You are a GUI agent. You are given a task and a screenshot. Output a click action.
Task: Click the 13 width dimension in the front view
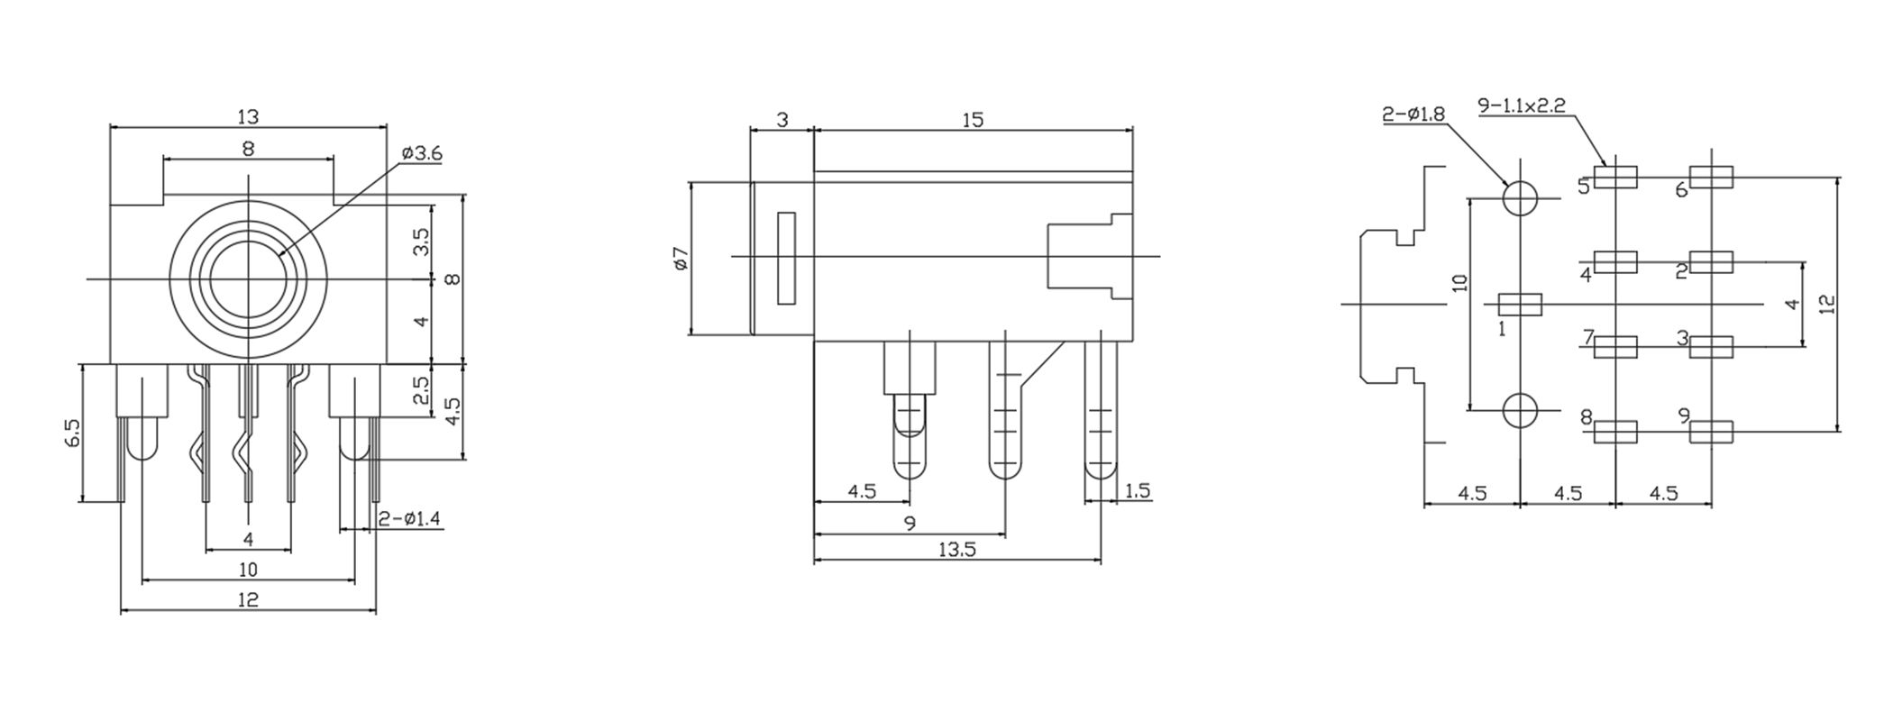pyautogui.click(x=248, y=117)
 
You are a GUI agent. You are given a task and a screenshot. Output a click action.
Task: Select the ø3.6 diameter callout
pyautogui.click(x=422, y=154)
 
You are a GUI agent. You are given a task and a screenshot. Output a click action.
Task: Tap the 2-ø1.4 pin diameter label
pyautogui.click(x=410, y=519)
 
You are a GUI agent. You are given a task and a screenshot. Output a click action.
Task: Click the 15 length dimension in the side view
pyautogui.click(x=973, y=121)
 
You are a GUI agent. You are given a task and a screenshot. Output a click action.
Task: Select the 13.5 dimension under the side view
pyautogui.click(x=956, y=550)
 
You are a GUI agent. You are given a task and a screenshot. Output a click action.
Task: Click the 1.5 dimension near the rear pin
pyautogui.click(x=1138, y=491)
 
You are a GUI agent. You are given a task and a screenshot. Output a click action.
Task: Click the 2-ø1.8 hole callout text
pyautogui.click(x=1413, y=114)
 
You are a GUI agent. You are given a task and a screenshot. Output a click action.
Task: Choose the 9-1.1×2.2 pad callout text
pyautogui.click(x=1522, y=105)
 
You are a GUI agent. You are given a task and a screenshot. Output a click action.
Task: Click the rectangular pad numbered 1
pyautogui.click(x=1520, y=305)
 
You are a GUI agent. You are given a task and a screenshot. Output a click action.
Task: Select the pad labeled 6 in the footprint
pyautogui.click(x=1711, y=178)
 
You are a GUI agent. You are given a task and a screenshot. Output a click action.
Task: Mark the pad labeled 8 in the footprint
pyautogui.click(x=1615, y=433)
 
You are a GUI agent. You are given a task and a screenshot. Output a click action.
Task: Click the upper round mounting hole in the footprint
pyautogui.click(x=1521, y=198)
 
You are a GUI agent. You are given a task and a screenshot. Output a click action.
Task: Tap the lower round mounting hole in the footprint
pyautogui.click(x=1521, y=411)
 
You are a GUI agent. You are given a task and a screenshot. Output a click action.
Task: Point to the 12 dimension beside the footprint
pyautogui.click(x=1826, y=305)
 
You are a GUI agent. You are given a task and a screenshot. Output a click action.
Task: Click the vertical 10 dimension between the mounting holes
pyautogui.click(x=1461, y=283)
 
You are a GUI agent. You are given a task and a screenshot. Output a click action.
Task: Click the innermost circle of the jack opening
pyautogui.click(x=248, y=278)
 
